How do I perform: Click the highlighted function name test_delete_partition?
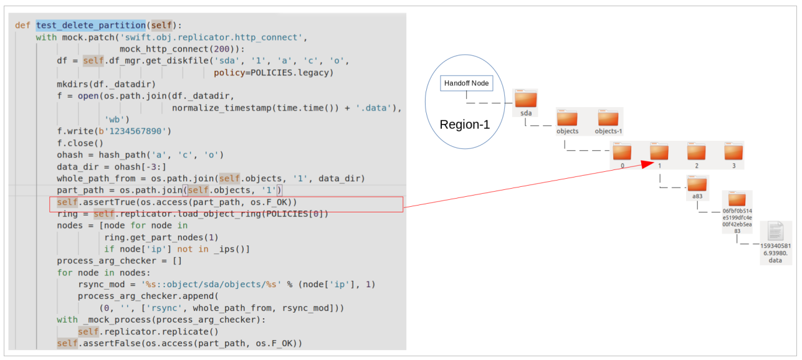click(91, 26)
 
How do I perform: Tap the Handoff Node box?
click(467, 83)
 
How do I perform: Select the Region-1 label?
click(464, 125)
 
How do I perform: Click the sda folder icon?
click(526, 100)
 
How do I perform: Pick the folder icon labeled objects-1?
click(608, 118)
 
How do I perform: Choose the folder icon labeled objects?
click(567, 118)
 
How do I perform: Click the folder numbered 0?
click(622, 152)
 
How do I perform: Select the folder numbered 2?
click(697, 152)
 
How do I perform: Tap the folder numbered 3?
click(734, 152)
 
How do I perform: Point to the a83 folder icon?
click(697, 184)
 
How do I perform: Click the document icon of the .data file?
click(775, 232)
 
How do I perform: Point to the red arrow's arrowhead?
click(646, 164)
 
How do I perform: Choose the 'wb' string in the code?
click(117, 120)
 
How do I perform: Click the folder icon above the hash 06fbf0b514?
click(737, 201)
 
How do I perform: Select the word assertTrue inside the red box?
click(108, 202)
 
